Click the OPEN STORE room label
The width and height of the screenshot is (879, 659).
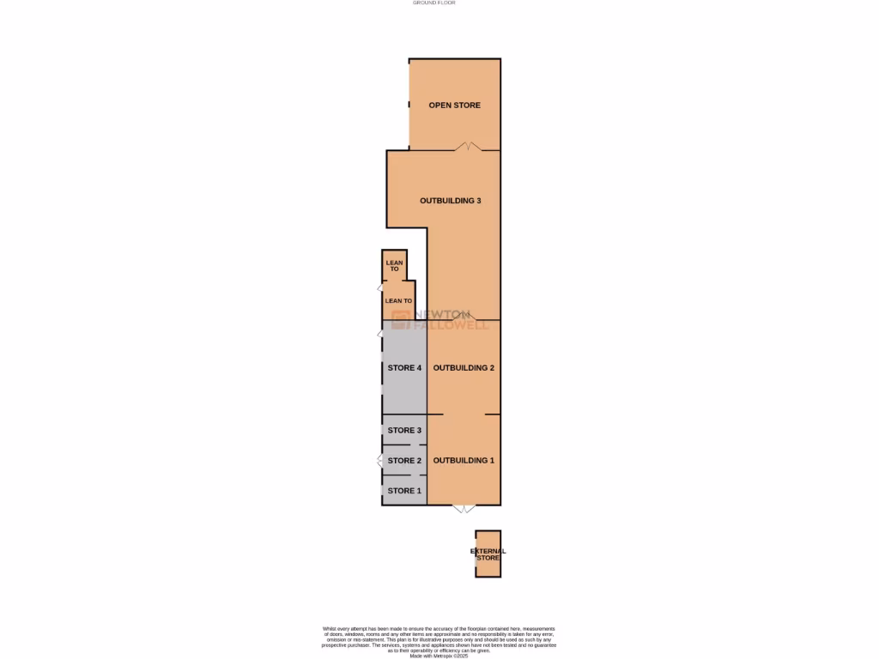click(454, 106)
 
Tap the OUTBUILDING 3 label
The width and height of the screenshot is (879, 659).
click(450, 201)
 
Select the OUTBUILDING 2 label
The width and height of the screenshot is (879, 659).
click(464, 368)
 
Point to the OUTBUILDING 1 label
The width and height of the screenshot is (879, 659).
click(464, 461)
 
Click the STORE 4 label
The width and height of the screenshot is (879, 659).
click(404, 368)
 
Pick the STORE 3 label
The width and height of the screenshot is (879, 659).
click(404, 430)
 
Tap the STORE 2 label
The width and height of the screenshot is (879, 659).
click(404, 461)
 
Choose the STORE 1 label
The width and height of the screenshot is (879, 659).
click(404, 491)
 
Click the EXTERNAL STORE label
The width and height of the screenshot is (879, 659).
click(488, 554)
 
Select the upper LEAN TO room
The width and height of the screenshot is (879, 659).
click(394, 266)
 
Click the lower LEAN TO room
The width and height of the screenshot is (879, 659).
click(398, 301)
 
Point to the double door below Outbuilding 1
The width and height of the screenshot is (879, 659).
click(464, 509)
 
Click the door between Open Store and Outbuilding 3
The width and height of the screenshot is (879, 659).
click(467, 147)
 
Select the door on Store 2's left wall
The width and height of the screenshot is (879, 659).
click(380, 461)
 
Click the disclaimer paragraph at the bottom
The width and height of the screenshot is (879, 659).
click(439, 640)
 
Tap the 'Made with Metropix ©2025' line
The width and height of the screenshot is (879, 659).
click(439, 656)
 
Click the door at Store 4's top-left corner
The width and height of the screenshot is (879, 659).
click(380, 333)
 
